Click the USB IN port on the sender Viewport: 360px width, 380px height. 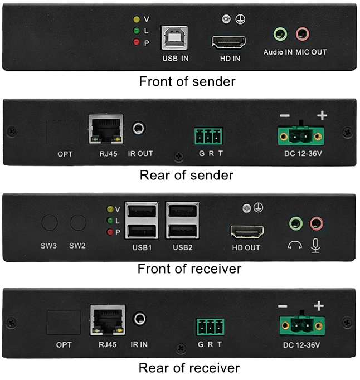(x=174, y=38)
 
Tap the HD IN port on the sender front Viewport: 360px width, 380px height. (x=228, y=42)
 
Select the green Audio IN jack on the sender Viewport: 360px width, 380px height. (x=280, y=34)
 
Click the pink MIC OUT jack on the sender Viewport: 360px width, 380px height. (x=302, y=34)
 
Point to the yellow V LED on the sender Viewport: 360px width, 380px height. (x=137, y=20)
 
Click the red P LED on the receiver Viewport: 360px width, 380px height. (x=110, y=232)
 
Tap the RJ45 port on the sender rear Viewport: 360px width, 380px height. (x=106, y=129)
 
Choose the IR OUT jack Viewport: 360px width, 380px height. (x=138, y=128)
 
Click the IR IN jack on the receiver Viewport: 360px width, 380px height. (x=140, y=319)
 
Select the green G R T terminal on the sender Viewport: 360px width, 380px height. (x=208, y=136)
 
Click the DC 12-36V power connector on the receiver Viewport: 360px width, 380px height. (x=302, y=325)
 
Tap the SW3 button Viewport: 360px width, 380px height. (x=50, y=222)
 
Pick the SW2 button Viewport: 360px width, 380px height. (x=78, y=222)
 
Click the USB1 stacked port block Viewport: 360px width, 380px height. (x=142, y=220)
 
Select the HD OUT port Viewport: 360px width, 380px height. (x=247, y=232)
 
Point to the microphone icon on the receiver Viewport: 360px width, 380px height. (x=315, y=246)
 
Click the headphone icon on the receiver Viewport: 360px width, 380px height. (x=295, y=245)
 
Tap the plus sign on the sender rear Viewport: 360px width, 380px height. (x=322, y=115)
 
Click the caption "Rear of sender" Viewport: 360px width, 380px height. (x=187, y=175)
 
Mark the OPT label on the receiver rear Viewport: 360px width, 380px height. (x=64, y=344)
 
